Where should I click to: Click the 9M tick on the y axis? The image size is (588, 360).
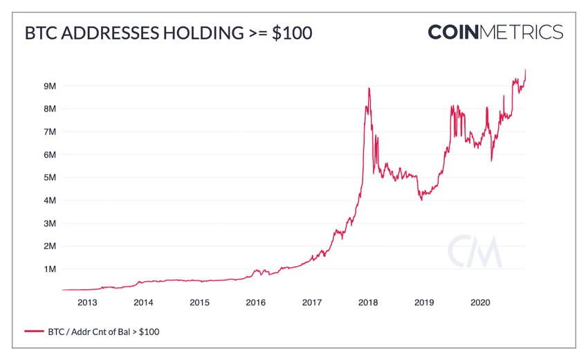click(x=49, y=87)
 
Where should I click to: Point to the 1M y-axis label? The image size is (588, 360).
click(x=49, y=269)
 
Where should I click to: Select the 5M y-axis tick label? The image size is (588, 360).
click(x=49, y=178)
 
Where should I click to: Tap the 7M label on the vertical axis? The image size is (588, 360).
click(x=49, y=132)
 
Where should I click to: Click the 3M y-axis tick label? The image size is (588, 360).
click(x=49, y=224)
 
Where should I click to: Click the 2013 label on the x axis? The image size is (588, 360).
click(x=87, y=303)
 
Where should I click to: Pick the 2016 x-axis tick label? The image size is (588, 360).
click(x=256, y=303)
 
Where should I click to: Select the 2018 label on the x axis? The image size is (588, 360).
click(x=368, y=303)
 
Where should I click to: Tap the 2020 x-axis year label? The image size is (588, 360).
click(x=480, y=303)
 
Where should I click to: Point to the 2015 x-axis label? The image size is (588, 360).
click(x=199, y=303)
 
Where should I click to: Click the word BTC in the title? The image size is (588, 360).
click(x=40, y=33)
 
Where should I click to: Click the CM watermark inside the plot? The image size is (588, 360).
click(x=474, y=253)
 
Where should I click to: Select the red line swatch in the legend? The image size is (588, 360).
click(x=34, y=332)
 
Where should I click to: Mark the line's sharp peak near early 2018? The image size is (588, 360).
click(x=369, y=89)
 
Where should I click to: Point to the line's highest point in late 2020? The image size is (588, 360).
click(x=526, y=69)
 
